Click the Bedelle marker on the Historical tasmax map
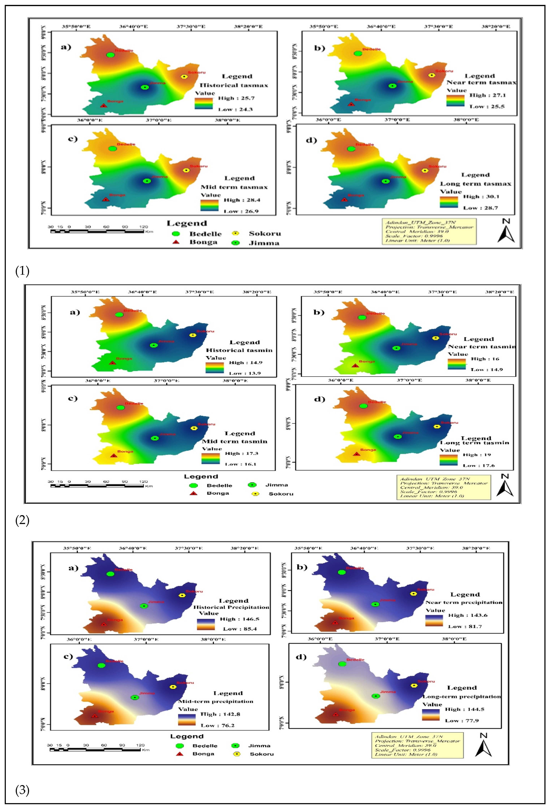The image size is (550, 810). pyautogui.click(x=110, y=55)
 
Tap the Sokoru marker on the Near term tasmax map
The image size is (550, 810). pyautogui.click(x=432, y=75)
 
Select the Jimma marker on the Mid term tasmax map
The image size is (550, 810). pyautogui.click(x=147, y=181)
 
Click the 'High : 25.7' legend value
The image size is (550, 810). pyautogui.click(x=236, y=98)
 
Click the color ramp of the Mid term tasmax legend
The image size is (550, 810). pyautogui.click(x=209, y=205)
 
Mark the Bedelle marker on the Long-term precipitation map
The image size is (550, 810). pyautogui.click(x=342, y=664)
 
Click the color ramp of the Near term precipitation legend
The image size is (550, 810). pyautogui.click(x=434, y=621)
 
